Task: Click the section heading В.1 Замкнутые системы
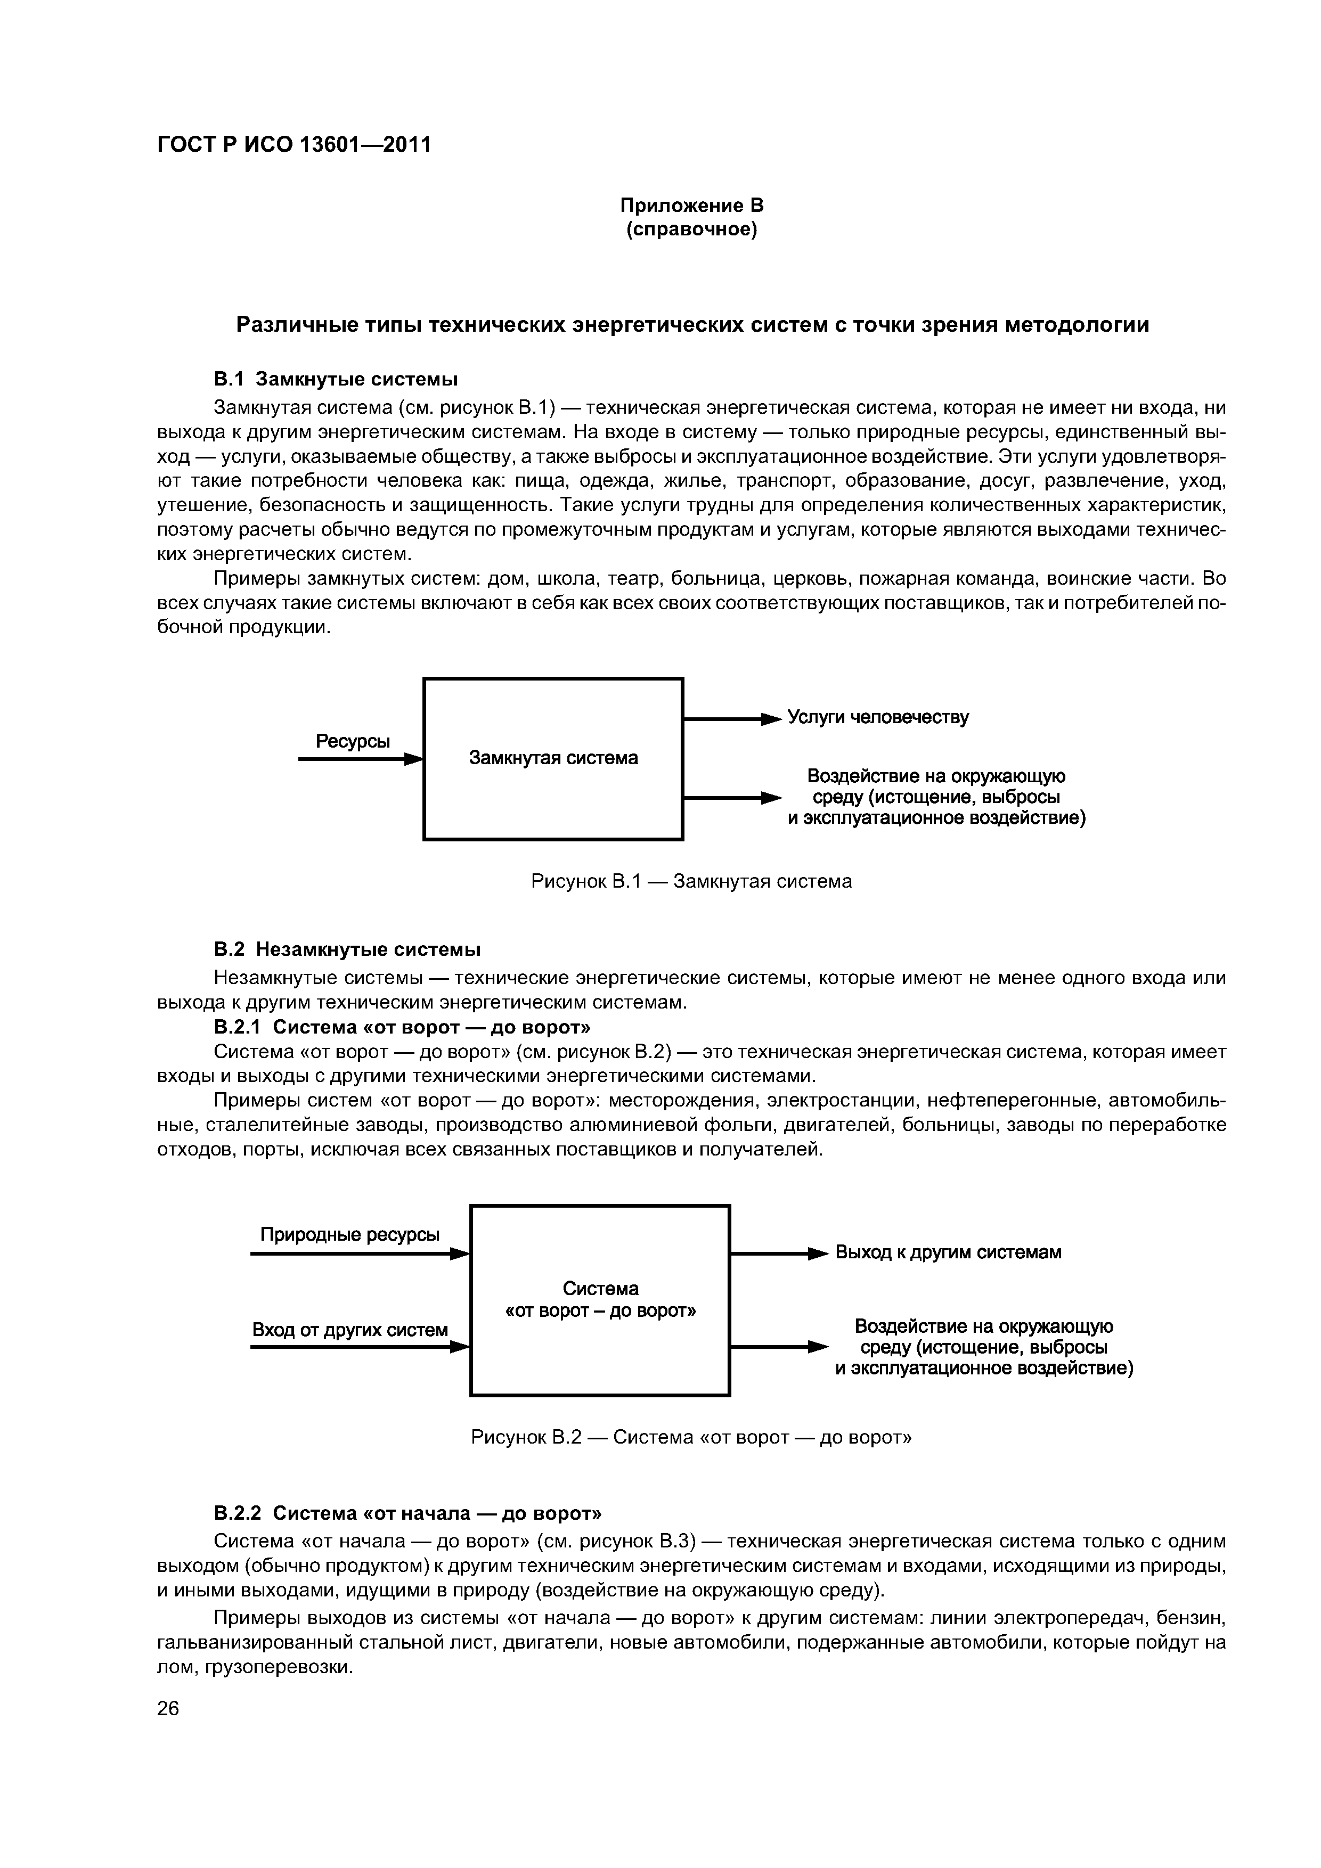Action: (336, 379)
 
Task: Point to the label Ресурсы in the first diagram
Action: (353, 742)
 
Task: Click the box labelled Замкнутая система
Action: (553, 758)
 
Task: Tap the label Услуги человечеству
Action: (877, 718)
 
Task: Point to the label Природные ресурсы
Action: (350, 1235)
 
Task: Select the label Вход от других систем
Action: (350, 1330)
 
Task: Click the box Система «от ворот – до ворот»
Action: (601, 1300)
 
